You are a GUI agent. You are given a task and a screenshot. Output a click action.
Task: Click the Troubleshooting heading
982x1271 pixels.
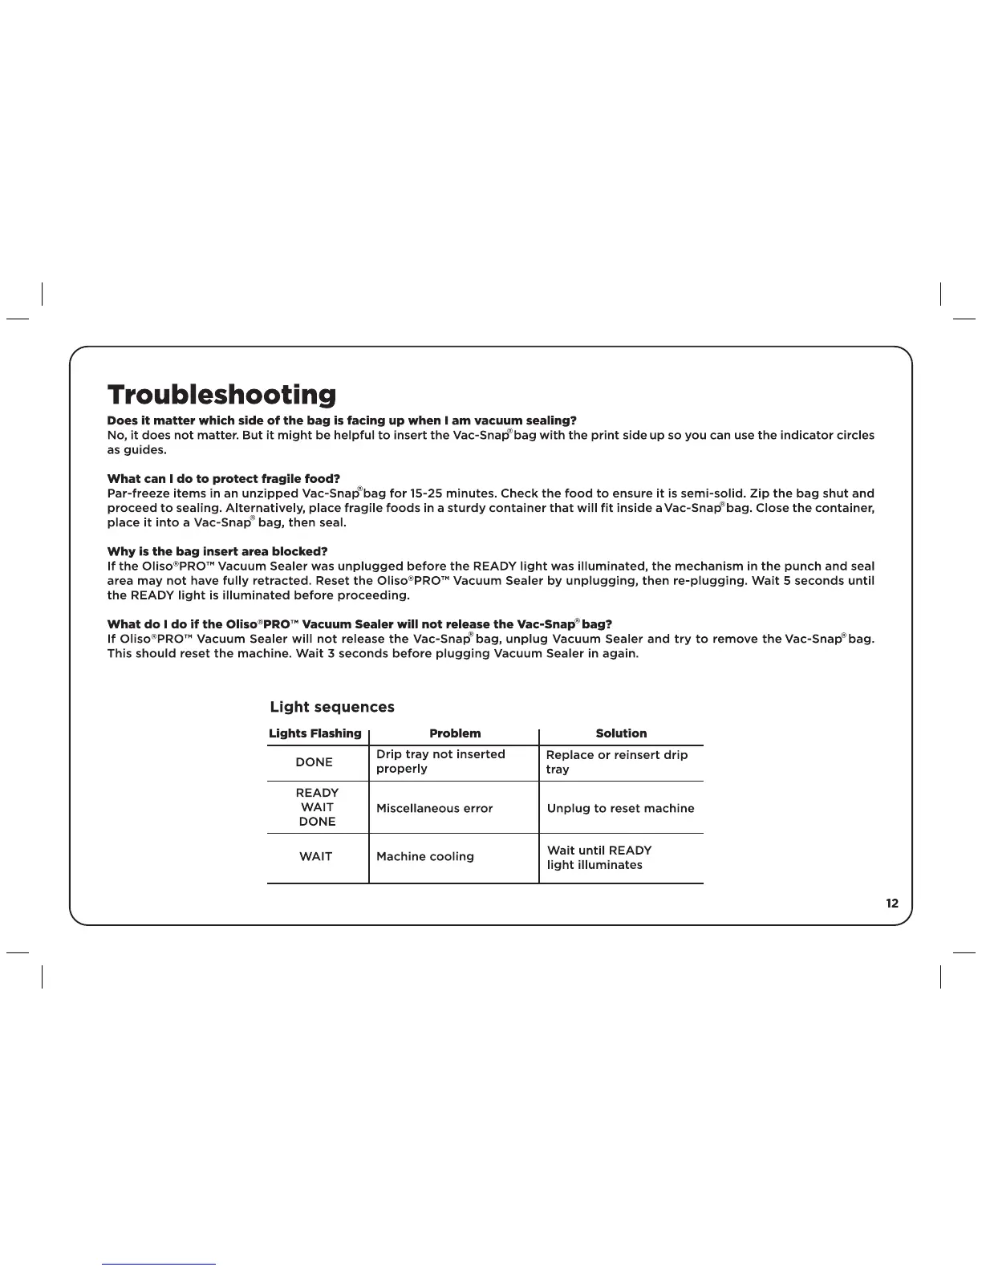point(221,395)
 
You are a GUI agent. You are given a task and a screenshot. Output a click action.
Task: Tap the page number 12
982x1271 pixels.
point(892,904)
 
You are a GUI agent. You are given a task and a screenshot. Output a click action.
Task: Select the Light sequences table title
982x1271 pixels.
point(332,707)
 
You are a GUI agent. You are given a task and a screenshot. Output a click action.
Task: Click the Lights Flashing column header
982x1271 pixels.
point(315,733)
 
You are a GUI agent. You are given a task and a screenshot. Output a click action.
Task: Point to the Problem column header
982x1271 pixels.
point(455,733)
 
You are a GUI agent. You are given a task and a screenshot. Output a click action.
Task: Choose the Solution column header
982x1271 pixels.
point(621,733)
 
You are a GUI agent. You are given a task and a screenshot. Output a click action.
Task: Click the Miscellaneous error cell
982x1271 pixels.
point(434,808)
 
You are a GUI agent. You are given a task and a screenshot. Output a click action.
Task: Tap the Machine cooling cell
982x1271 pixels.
point(425,857)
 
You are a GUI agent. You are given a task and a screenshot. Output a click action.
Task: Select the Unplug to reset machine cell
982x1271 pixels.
point(620,808)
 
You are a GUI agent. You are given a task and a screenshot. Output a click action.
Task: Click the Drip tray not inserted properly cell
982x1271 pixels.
point(440,761)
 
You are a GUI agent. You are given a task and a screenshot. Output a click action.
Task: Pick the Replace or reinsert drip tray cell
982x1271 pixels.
point(616,762)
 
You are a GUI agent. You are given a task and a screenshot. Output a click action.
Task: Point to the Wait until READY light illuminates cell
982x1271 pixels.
point(599,858)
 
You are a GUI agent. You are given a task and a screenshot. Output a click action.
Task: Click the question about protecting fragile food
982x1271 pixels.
point(224,479)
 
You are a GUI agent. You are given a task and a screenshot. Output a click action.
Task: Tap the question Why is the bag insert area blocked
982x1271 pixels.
point(217,551)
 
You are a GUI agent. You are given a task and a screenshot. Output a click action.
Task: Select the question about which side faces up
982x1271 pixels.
point(342,420)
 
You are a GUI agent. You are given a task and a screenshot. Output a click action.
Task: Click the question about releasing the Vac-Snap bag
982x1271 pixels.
point(359,624)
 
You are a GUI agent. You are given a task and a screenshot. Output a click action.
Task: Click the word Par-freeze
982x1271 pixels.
point(138,493)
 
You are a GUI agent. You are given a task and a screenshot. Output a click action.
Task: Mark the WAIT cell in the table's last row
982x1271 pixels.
point(316,857)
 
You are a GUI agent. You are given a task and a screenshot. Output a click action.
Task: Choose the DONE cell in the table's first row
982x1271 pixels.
point(314,762)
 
